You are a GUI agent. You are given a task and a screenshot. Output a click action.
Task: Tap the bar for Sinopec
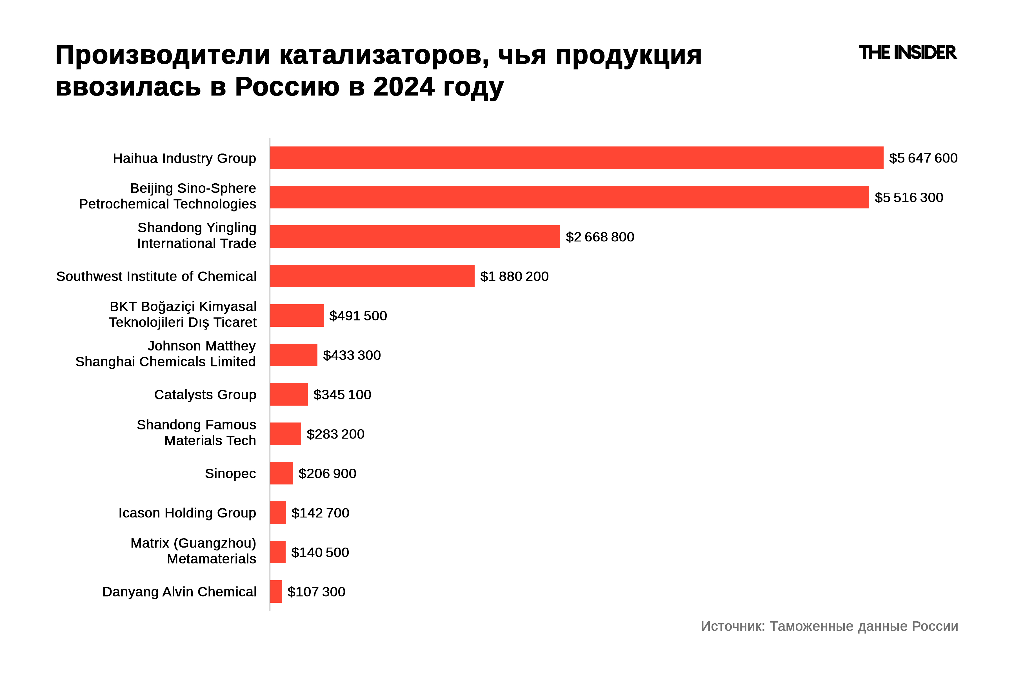tap(281, 473)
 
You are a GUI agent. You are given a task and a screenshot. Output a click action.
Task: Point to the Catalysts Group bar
tap(289, 395)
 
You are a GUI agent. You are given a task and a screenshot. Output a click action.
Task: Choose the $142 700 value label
tap(320, 513)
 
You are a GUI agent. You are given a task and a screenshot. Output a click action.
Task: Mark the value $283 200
tap(335, 434)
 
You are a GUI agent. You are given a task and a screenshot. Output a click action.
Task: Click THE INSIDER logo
tap(908, 53)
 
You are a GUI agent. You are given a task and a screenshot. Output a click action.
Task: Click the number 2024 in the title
tap(404, 87)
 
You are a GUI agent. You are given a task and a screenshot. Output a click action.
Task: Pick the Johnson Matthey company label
tap(166, 353)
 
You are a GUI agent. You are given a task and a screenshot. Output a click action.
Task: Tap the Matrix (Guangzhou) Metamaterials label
tap(193, 551)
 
